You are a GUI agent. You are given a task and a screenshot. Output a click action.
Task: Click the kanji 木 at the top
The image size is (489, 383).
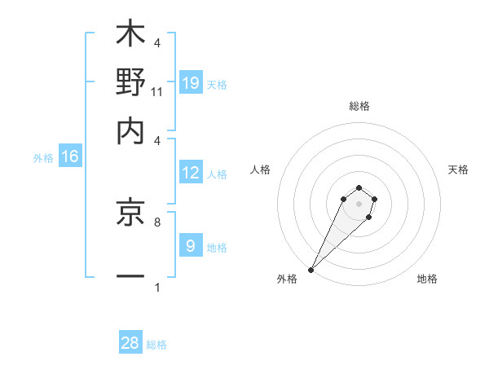(x=131, y=34)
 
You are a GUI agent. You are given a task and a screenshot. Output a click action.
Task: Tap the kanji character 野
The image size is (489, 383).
(x=131, y=83)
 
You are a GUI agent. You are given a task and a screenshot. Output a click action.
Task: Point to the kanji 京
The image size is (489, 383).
(x=131, y=214)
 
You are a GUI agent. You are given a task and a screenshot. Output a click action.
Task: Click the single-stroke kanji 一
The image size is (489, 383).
(x=131, y=277)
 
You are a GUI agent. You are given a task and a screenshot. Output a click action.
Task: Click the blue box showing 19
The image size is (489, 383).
(x=191, y=83)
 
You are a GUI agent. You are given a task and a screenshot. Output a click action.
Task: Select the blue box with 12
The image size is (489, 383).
(x=191, y=173)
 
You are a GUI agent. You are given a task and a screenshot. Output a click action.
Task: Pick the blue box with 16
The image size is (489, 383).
(x=70, y=157)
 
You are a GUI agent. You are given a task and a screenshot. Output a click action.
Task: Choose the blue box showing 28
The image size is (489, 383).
(x=130, y=343)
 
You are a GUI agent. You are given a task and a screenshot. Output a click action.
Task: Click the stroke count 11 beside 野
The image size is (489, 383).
(x=157, y=91)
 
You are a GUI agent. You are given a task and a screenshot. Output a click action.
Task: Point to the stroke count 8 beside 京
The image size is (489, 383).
(x=157, y=221)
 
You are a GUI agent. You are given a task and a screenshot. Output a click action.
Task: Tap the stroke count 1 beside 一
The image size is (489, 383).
(x=157, y=287)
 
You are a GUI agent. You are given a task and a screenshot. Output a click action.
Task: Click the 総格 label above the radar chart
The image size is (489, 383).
(x=359, y=106)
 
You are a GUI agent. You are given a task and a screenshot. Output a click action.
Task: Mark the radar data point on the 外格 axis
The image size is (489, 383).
(x=311, y=269)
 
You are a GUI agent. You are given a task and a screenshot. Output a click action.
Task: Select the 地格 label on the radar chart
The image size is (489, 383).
(x=427, y=280)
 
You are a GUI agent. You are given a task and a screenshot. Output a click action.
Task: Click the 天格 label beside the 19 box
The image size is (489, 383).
(x=217, y=84)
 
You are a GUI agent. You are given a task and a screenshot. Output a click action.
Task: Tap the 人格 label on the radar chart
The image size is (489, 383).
(x=261, y=169)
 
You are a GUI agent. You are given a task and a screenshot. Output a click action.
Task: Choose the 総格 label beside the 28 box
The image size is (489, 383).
(x=156, y=345)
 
